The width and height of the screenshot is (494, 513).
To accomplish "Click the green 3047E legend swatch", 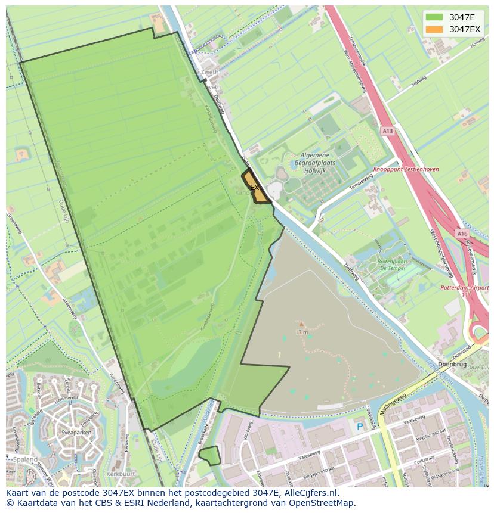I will click(x=434, y=17).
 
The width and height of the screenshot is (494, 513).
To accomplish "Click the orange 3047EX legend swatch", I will click(x=434, y=29).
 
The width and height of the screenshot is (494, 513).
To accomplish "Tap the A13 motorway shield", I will click(x=388, y=131).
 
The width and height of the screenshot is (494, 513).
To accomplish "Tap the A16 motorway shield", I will click(x=462, y=234).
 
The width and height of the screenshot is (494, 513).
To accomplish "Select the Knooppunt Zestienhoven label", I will click(x=406, y=169).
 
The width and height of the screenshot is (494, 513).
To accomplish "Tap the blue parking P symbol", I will click(x=359, y=427).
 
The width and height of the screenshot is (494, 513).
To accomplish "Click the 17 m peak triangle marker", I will click(x=301, y=325).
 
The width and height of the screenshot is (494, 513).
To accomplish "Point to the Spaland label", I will click(x=27, y=459).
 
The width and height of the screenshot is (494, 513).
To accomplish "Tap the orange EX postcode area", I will click(x=255, y=187).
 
